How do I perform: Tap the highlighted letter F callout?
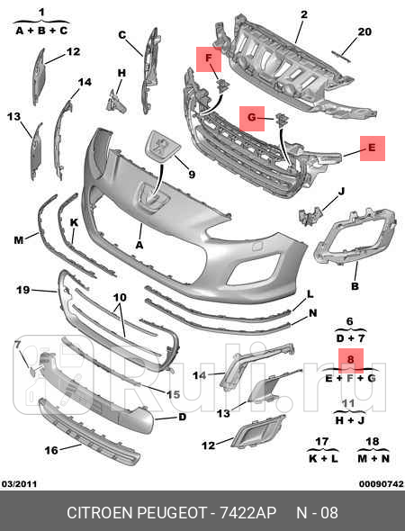(x=209, y=58)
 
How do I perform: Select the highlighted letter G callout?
(x=252, y=118)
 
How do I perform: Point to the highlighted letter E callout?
(x=373, y=148)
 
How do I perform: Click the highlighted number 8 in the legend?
(x=351, y=360)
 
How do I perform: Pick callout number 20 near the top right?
(x=364, y=31)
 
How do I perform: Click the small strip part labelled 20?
(x=341, y=56)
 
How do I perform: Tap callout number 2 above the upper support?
(x=304, y=14)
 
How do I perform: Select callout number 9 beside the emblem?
(x=192, y=175)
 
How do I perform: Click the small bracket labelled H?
(x=116, y=102)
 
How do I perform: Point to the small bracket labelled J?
(x=310, y=216)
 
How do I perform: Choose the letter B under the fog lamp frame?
(x=355, y=286)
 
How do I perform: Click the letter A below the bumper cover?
(x=139, y=245)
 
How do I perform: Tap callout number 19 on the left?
(x=23, y=290)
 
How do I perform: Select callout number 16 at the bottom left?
(x=51, y=450)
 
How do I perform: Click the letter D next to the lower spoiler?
(x=182, y=417)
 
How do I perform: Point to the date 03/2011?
(x=19, y=484)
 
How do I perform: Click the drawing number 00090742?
(x=382, y=484)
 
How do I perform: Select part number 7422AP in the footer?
(x=248, y=513)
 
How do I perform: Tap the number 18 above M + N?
(x=373, y=442)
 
